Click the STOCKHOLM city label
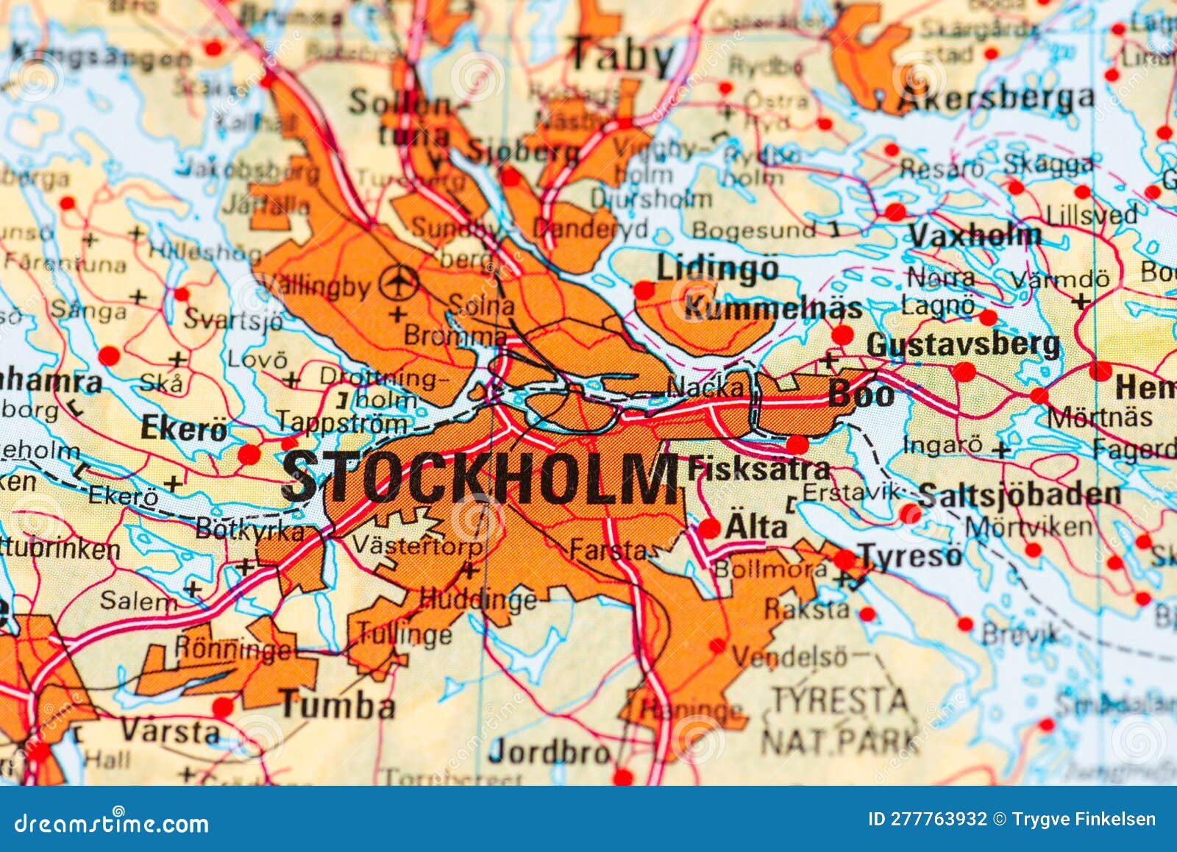pyautogui.click(x=480, y=477)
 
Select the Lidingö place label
pyautogui.click(x=716, y=267)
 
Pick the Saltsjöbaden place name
pyautogui.click(x=1020, y=494)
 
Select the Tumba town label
pyautogui.click(x=338, y=706)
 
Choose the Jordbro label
pyautogui.click(x=550, y=751)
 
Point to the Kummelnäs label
pyautogui.click(x=772, y=309)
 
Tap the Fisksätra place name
pyautogui.click(x=758, y=469)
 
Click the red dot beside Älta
pyautogui.click(x=709, y=528)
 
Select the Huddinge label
pyautogui.click(x=478, y=600)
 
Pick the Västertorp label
pyautogui.click(x=417, y=546)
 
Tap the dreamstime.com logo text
pyautogui.click(x=111, y=823)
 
